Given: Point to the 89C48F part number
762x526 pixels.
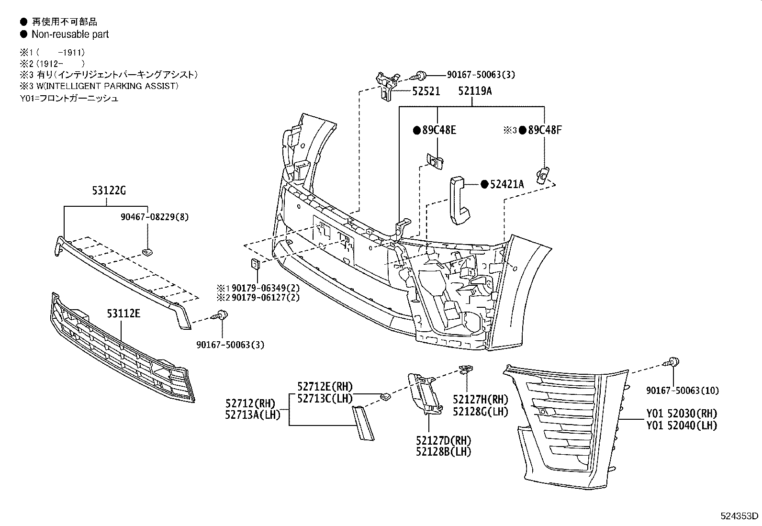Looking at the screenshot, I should click(x=544, y=130).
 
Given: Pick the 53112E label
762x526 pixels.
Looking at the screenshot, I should click(x=123, y=314).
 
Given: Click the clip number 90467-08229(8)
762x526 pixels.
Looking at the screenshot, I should click(x=154, y=217).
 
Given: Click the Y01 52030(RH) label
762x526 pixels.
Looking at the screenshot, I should click(x=682, y=413).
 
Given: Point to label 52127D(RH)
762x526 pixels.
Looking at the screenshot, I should click(x=443, y=440).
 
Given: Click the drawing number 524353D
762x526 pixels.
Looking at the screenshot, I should click(x=740, y=516).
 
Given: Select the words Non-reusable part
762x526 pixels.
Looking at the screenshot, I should click(x=70, y=34).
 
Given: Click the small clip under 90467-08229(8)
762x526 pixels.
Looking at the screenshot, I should click(x=148, y=251).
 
